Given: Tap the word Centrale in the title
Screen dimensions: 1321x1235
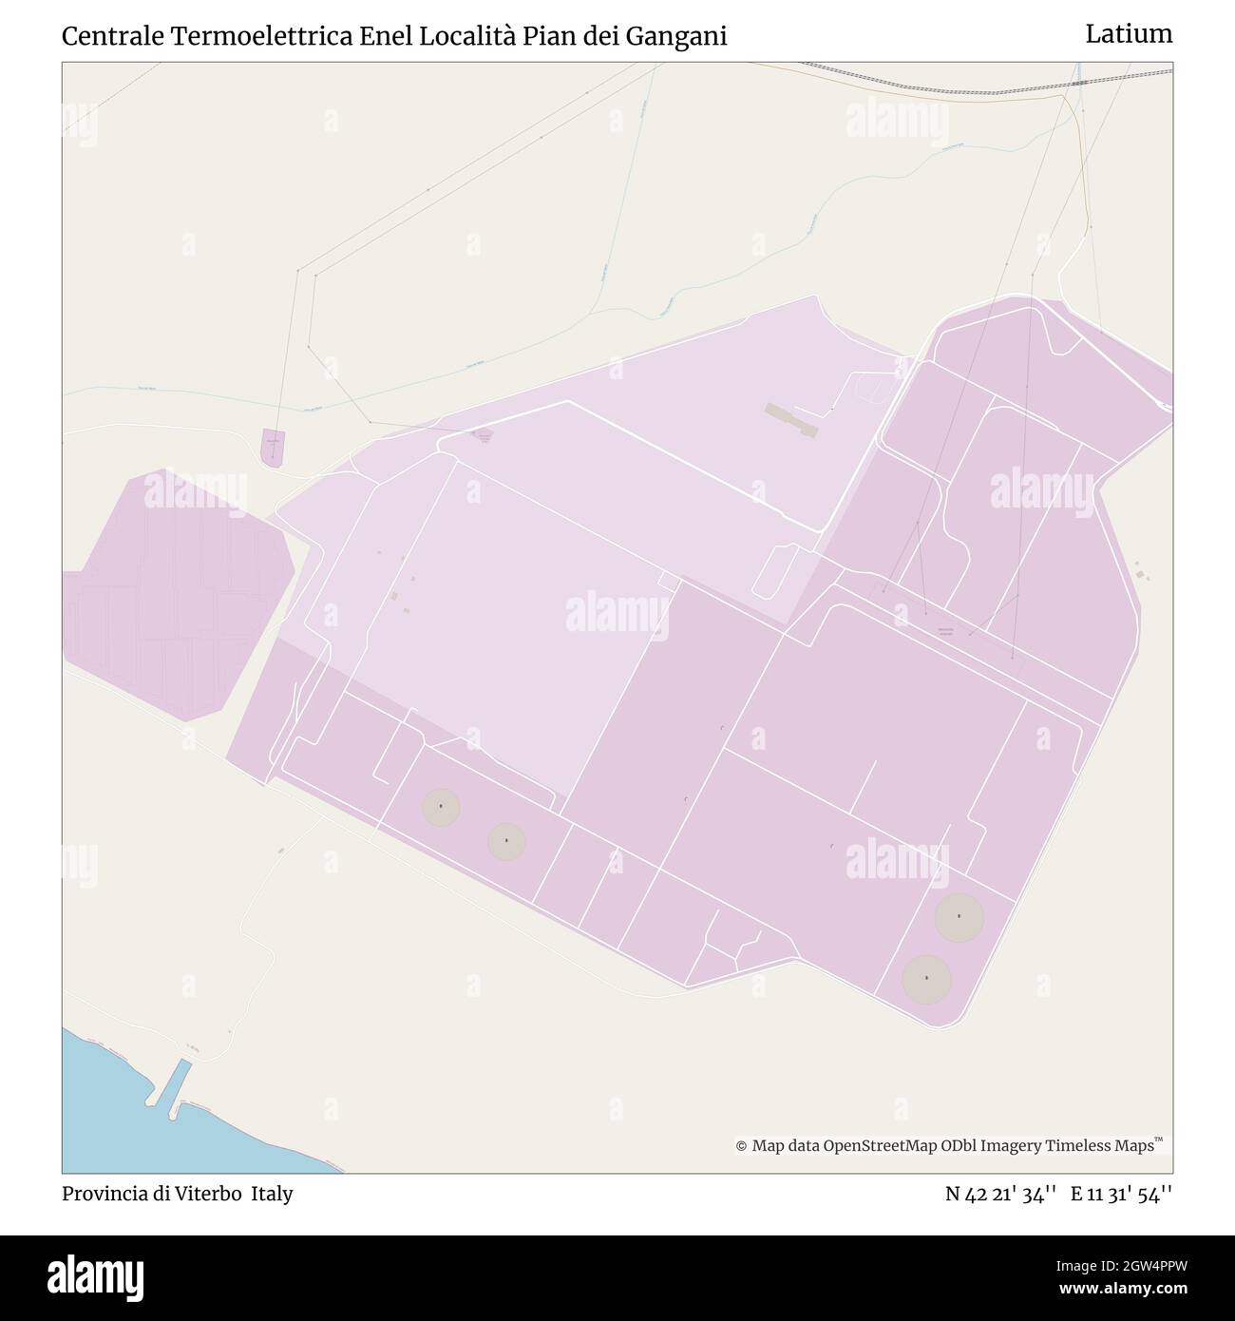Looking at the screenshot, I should pos(111,36).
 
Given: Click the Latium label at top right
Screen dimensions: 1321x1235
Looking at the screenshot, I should pos(1129,34).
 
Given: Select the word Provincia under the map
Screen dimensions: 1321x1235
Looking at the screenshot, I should pos(102,1194).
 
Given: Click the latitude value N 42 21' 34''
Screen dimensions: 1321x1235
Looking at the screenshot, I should pos(1001,1194).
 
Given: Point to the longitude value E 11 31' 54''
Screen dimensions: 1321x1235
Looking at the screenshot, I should pos(1121,1194).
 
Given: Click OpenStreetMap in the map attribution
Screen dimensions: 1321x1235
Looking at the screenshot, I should pos(880,1146).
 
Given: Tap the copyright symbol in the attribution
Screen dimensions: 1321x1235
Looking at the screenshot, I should pos(741,1146).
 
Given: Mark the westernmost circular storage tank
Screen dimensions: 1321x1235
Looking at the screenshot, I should pos(441,808).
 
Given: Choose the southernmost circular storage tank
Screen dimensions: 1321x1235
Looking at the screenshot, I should pos(926,979).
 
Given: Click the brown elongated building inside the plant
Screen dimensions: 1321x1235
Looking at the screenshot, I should pos(790,419).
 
